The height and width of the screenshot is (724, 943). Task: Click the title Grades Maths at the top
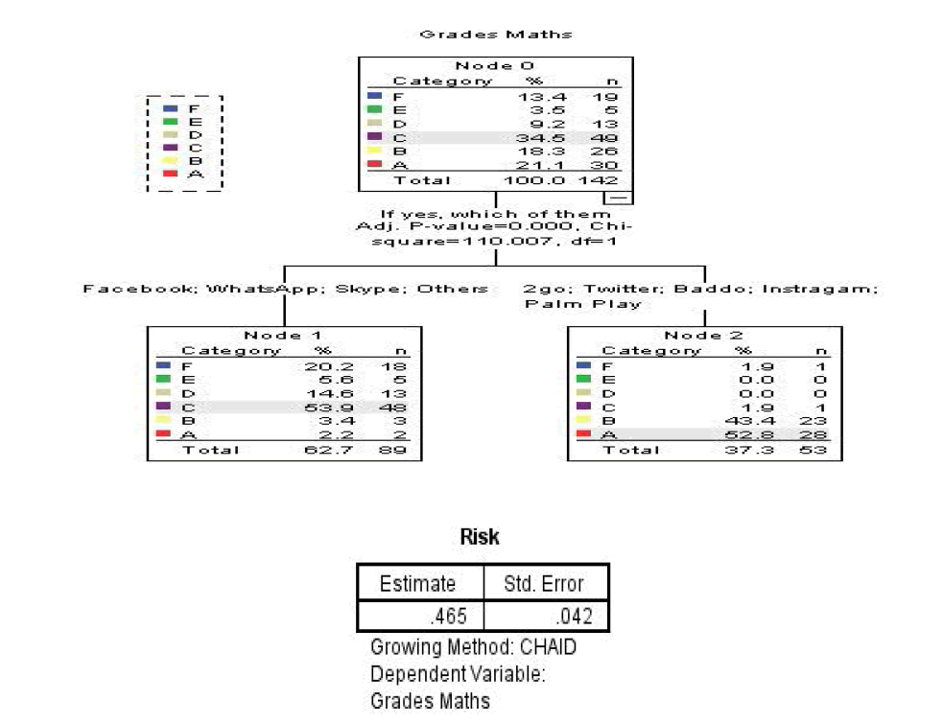(495, 35)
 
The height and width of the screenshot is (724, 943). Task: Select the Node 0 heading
(494, 65)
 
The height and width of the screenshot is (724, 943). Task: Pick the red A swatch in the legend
(171, 174)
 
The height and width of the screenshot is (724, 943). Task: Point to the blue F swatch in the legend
(171, 109)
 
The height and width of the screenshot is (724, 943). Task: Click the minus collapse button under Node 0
(619, 197)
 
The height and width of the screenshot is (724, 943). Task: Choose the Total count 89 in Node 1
(396, 449)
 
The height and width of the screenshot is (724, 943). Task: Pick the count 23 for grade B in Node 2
(816, 421)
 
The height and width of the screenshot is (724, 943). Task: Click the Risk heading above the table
(480, 536)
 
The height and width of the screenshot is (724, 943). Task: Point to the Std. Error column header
(544, 583)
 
